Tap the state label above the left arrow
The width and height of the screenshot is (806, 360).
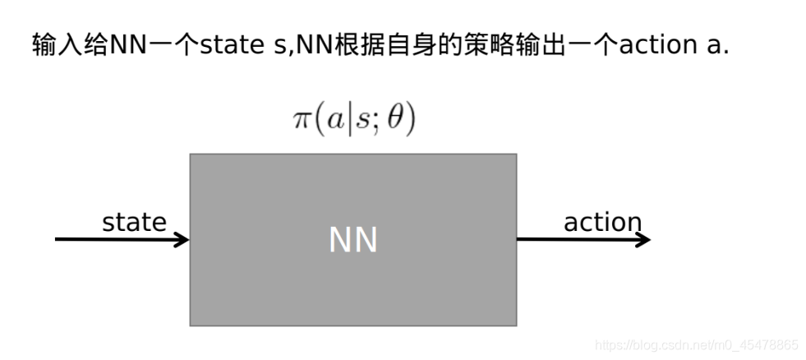tap(134, 222)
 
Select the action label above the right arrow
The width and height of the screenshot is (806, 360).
tap(602, 222)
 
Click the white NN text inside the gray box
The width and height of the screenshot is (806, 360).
tap(352, 240)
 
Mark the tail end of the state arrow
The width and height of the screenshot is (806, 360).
tap(58, 240)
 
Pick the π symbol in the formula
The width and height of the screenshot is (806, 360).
tap(302, 120)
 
